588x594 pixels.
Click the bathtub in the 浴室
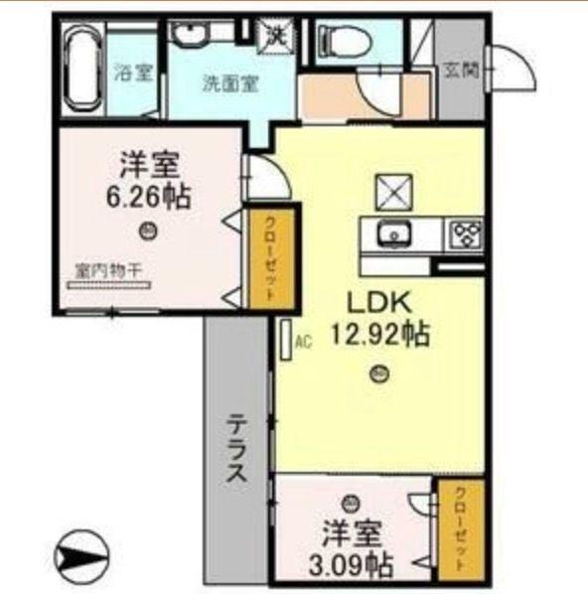pyautogui.click(x=83, y=71)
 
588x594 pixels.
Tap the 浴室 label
pyautogui.click(x=133, y=73)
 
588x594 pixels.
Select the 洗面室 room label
pyautogui.click(x=230, y=84)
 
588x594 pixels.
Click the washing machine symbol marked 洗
pyautogui.click(x=275, y=35)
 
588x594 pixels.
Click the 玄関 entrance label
pyautogui.click(x=460, y=71)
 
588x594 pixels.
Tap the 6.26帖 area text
pyautogui.click(x=149, y=196)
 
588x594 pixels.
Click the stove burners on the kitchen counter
pyautogui.click(x=467, y=234)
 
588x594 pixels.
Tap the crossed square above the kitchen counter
pyautogui.click(x=391, y=190)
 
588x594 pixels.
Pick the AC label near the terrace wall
pyautogui.click(x=303, y=343)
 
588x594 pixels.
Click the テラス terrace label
pyautogui.click(x=236, y=448)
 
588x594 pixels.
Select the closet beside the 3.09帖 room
pyautogui.click(x=462, y=527)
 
